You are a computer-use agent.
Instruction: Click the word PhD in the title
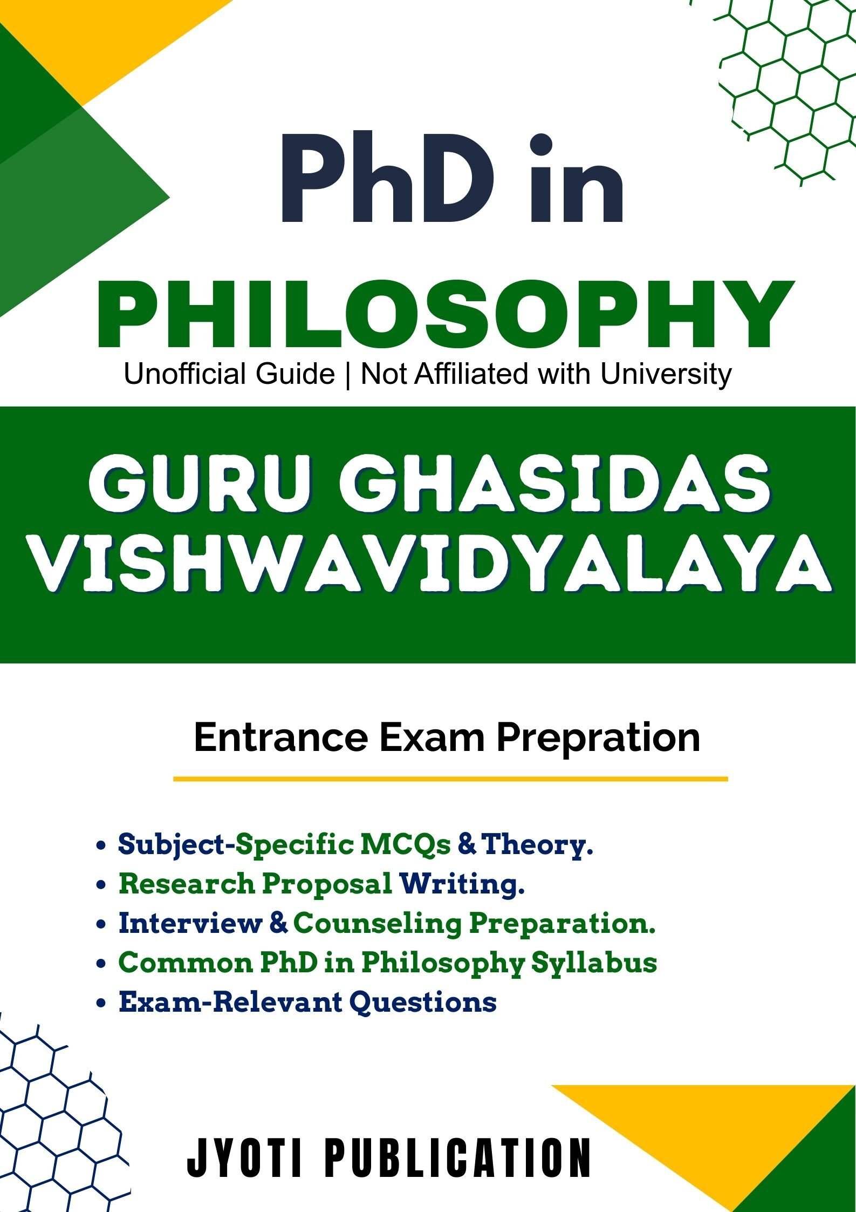(386, 178)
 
